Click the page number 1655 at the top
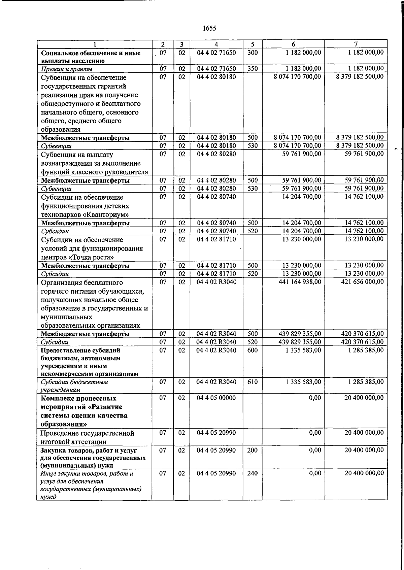[x=209, y=28]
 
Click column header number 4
[x=216, y=44]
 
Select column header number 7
[x=356, y=44]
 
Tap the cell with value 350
[x=252, y=69]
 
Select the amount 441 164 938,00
[x=300, y=282]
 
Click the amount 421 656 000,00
[x=362, y=282]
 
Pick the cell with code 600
[x=252, y=350]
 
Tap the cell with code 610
[x=252, y=382]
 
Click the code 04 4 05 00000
[x=216, y=398]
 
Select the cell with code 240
[x=252, y=473]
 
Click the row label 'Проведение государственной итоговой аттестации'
[x=88, y=437]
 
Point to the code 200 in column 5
[x=252, y=450]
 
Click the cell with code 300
[x=252, y=53]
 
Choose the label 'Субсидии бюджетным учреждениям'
[x=74, y=386]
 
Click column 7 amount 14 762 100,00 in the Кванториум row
[x=364, y=197]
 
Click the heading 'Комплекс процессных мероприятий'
[x=78, y=403]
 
